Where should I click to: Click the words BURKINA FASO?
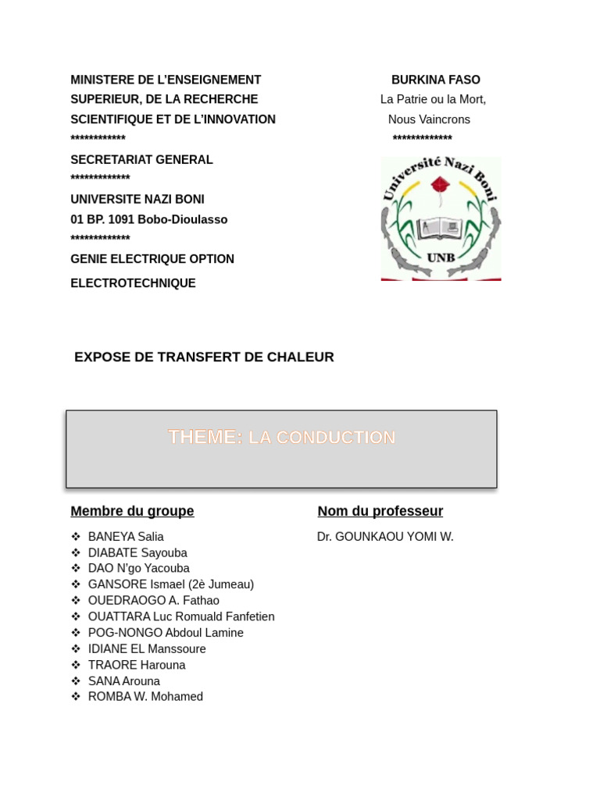click(x=435, y=80)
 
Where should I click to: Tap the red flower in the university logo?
click(x=441, y=186)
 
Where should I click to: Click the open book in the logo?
click(x=441, y=228)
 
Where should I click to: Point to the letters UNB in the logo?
click(x=441, y=257)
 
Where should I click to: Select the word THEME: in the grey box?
click(x=205, y=437)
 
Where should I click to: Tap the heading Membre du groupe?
click(x=132, y=511)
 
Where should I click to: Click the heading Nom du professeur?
click(x=380, y=511)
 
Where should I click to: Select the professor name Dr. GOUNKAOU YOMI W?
click(x=385, y=537)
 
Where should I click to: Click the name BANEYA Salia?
click(x=126, y=537)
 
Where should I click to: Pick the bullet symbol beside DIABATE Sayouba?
click(x=76, y=552)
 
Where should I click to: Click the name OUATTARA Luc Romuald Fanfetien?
click(x=181, y=616)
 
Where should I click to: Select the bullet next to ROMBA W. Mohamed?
click(x=76, y=697)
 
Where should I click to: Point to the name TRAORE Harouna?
click(x=137, y=665)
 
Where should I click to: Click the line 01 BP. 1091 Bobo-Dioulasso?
click(x=148, y=219)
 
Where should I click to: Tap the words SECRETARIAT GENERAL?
click(x=141, y=160)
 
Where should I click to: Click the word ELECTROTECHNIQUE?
click(x=133, y=283)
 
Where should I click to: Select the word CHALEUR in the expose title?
click(x=300, y=357)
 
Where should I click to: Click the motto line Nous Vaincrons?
click(x=429, y=119)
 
